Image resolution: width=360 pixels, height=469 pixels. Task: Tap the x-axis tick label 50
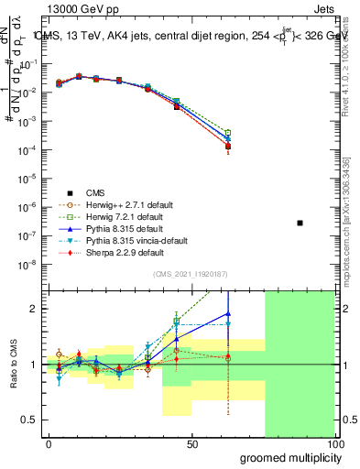[192, 443]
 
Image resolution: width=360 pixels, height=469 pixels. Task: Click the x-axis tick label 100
[334, 443]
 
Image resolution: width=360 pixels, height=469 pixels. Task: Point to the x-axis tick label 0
[49, 443]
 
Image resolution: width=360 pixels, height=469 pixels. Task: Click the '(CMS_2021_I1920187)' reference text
[191, 274]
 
